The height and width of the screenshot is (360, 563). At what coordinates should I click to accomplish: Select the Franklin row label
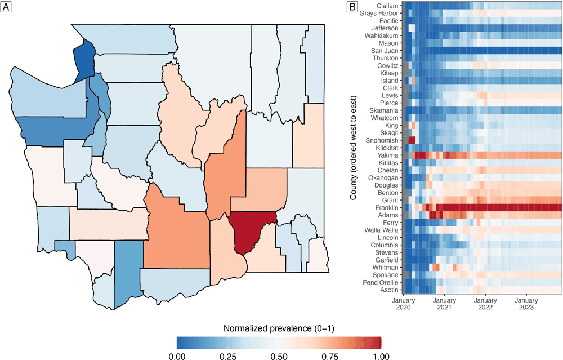(x=387, y=208)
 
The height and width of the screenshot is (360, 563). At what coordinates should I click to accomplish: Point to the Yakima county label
(x=388, y=155)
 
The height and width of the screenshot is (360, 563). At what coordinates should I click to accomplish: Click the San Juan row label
(x=386, y=51)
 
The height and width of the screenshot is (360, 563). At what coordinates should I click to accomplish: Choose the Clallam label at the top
(x=387, y=6)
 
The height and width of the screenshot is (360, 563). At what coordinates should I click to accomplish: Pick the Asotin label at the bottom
(x=389, y=290)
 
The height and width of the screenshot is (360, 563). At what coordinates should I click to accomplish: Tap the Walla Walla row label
(x=382, y=230)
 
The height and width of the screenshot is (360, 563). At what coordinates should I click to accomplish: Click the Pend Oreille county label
(x=382, y=283)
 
